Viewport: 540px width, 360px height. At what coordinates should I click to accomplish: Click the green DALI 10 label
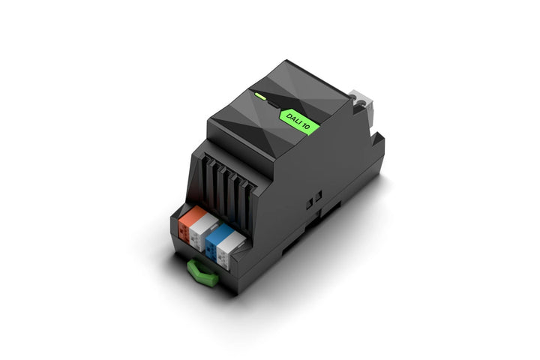tap(299, 121)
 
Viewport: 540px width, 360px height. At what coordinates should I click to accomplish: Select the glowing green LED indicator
tap(260, 96)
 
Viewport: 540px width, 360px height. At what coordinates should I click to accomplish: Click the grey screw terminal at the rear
tap(361, 106)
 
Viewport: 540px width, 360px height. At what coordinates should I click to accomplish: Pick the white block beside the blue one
tap(229, 248)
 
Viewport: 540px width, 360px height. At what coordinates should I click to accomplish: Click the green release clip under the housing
tap(203, 274)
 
